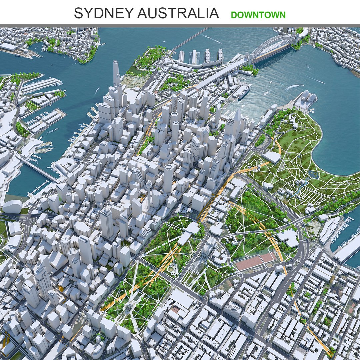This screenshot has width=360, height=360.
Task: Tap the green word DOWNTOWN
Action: click(x=258, y=15)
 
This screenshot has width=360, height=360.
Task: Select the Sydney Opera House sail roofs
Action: click(x=308, y=97)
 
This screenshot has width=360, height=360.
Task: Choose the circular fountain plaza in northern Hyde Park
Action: click(x=171, y=268)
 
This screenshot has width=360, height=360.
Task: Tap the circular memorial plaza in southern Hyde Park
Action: click(x=128, y=308)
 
